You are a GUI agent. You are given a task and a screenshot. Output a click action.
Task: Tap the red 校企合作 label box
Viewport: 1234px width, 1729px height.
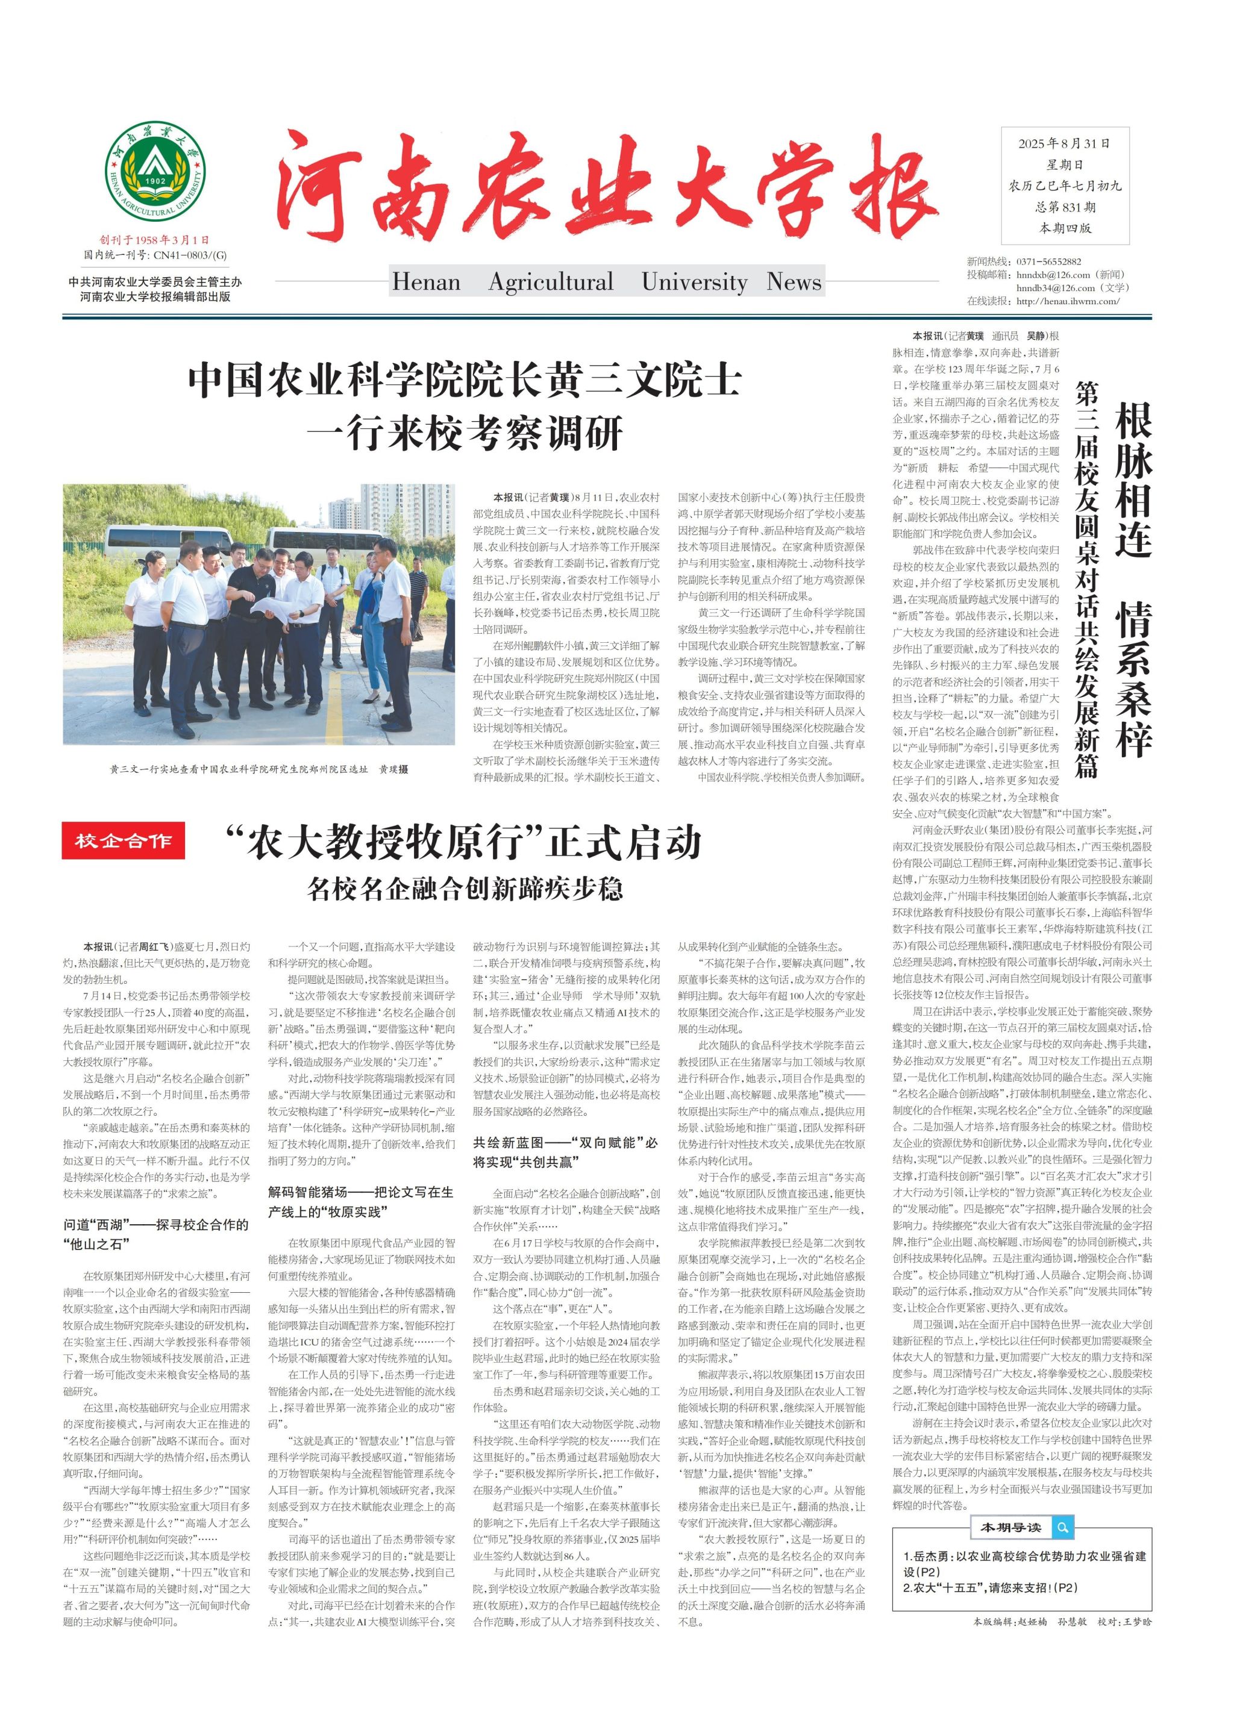pyautogui.click(x=123, y=841)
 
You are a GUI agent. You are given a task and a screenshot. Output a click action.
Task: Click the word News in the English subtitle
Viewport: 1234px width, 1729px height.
pyautogui.click(x=794, y=282)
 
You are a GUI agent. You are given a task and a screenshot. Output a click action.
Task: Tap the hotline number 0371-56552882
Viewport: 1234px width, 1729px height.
pyautogui.click(x=1048, y=261)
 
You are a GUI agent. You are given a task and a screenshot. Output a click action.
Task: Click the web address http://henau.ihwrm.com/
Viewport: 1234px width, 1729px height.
pyautogui.click(x=1068, y=301)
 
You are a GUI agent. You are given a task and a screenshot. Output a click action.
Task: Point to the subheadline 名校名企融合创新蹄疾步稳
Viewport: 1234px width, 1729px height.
pyautogui.click(x=465, y=888)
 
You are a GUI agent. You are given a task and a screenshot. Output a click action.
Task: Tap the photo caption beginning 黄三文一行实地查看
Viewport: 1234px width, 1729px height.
pyautogui.click(x=259, y=769)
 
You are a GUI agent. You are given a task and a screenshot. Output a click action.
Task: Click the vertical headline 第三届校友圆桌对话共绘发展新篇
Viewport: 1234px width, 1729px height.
pyautogui.click(x=1086, y=581)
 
